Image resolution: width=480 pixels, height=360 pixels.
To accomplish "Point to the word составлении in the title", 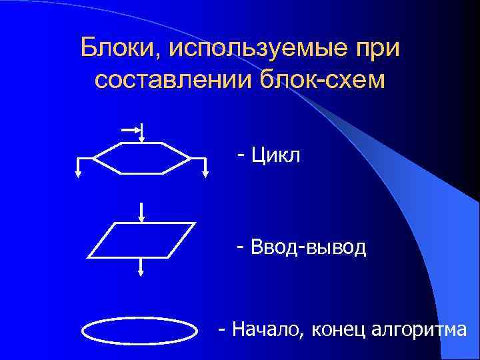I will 170,80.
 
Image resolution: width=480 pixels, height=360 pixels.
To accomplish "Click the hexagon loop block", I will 142,158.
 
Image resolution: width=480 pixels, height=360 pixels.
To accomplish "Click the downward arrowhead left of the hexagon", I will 78,173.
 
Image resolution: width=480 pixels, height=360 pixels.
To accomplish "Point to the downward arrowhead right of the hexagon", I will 205,173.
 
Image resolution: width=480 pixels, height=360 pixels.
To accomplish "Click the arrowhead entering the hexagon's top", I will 142,138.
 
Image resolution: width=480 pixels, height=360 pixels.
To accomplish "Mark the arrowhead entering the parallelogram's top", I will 141,218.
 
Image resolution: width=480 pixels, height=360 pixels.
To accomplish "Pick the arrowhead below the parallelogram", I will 141,272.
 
